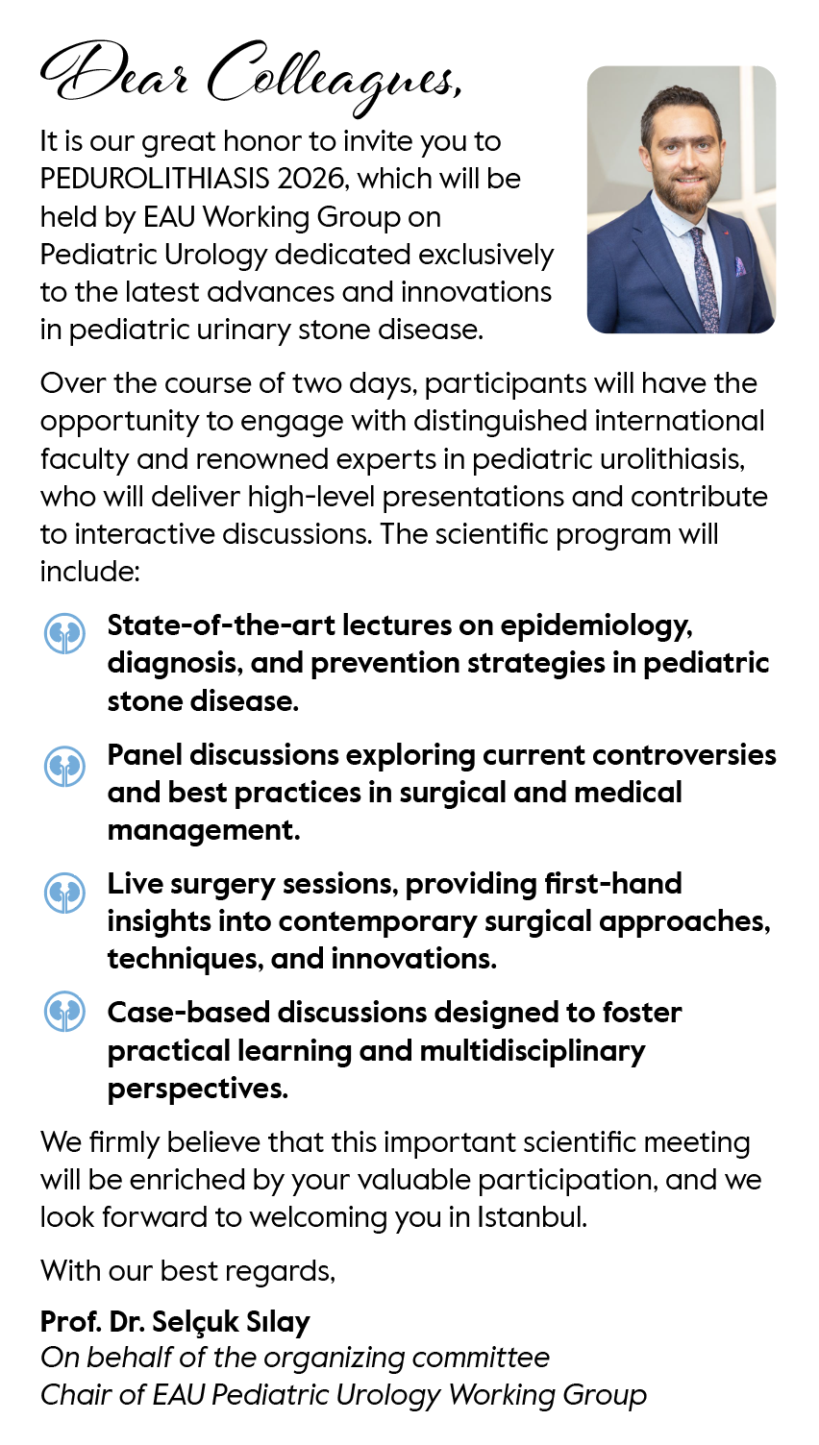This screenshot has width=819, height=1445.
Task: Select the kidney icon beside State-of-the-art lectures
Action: point(65,633)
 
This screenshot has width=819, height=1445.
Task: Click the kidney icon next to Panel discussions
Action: point(65,766)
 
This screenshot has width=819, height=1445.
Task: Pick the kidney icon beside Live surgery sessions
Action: point(65,893)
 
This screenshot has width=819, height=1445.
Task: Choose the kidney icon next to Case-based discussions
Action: point(65,1013)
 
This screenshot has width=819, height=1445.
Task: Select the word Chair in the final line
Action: point(75,1395)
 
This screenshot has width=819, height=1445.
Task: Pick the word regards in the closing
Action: point(287,1272)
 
